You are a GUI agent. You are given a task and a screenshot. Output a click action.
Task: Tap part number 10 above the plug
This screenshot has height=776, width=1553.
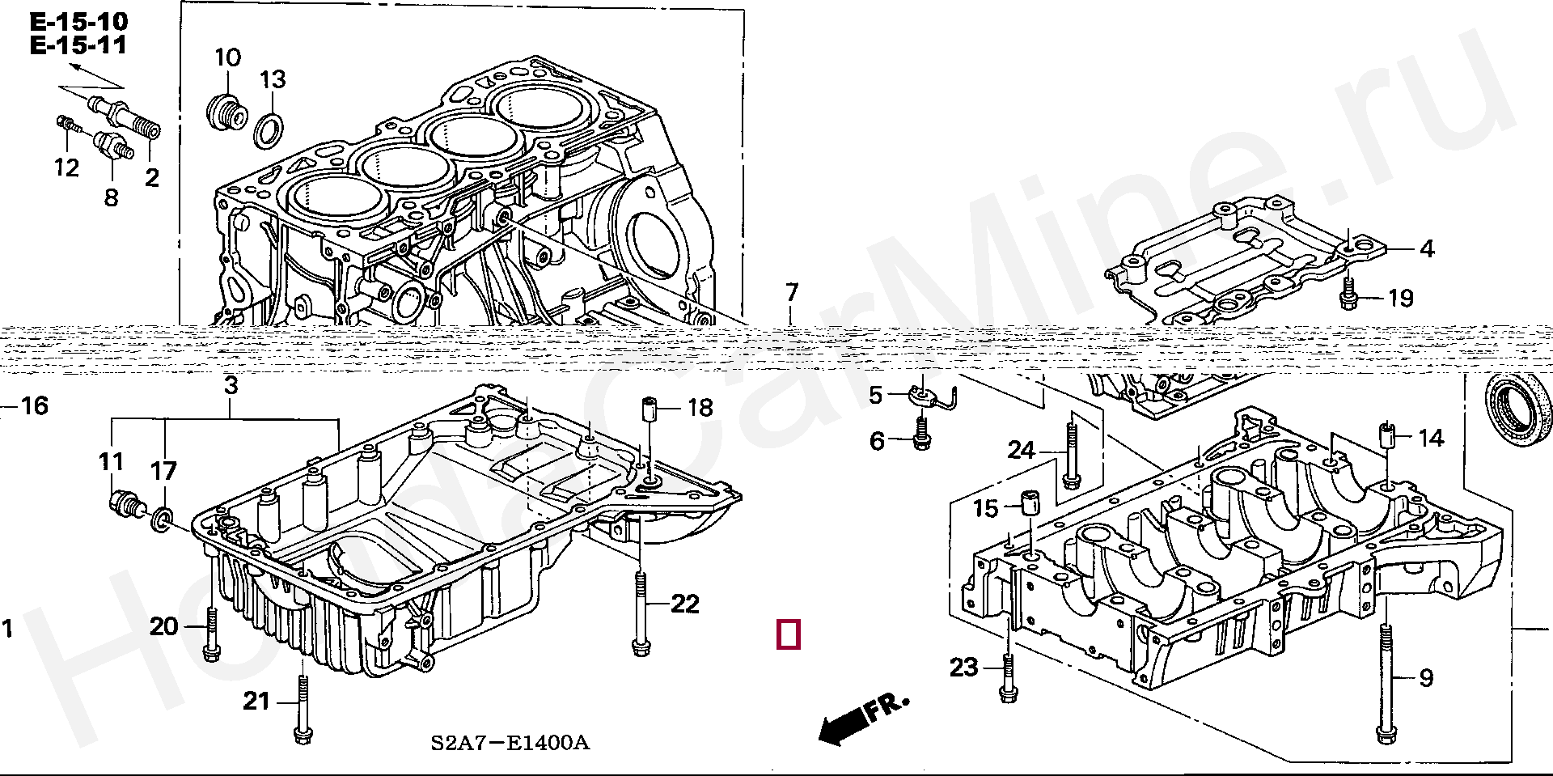click(x=228, y=58)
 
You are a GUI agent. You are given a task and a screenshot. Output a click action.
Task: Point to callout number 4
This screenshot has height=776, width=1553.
click(x=1427, y=249)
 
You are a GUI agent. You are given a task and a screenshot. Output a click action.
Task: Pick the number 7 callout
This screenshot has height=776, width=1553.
click(x=791, y=293)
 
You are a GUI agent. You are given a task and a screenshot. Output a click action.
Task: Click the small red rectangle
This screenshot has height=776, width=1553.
click(x=789, y=634)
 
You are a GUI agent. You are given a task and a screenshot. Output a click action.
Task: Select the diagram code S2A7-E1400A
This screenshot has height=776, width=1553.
click(x=509, y=743)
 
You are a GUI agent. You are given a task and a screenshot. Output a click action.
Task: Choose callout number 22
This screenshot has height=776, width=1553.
click(x=684, y=604)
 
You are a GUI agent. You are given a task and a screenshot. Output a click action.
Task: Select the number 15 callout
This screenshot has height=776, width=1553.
click(x=986, y=509)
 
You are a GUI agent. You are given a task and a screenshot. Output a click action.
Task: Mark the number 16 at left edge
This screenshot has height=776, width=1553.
click(x=34, y=405)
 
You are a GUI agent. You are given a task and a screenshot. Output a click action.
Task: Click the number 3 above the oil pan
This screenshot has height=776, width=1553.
click(x=231, y=386)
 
